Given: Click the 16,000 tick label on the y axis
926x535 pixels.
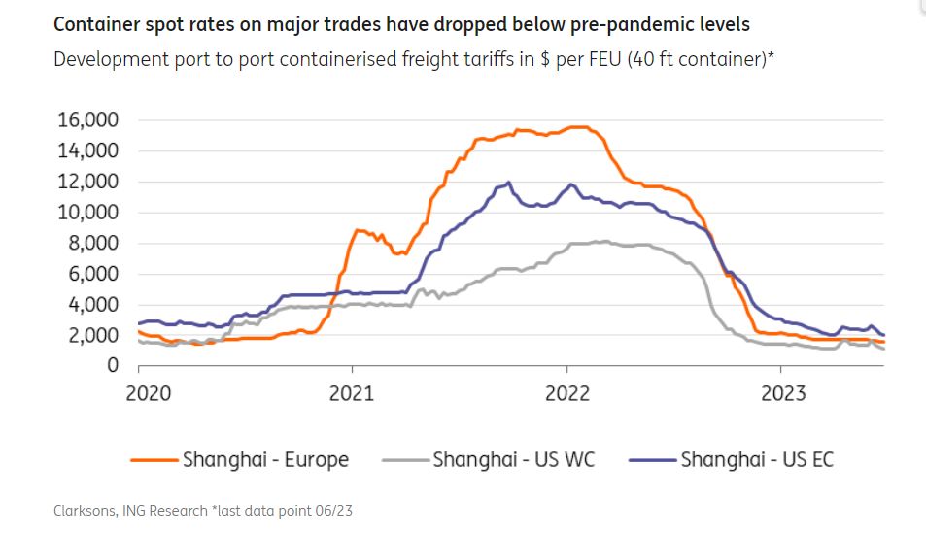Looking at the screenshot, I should click(88, 120).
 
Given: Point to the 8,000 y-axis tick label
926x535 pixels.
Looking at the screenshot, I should click(93, 244).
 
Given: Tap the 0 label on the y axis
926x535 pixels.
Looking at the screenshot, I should click(113, 366).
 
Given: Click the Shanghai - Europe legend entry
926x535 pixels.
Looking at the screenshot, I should click(265, 459).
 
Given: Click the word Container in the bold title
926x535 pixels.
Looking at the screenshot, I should click(96, 22).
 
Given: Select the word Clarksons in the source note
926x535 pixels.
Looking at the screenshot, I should click(83, 509).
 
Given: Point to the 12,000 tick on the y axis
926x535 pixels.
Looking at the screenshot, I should click(88, 182).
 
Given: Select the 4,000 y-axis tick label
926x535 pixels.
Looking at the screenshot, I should click(93, 305).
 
